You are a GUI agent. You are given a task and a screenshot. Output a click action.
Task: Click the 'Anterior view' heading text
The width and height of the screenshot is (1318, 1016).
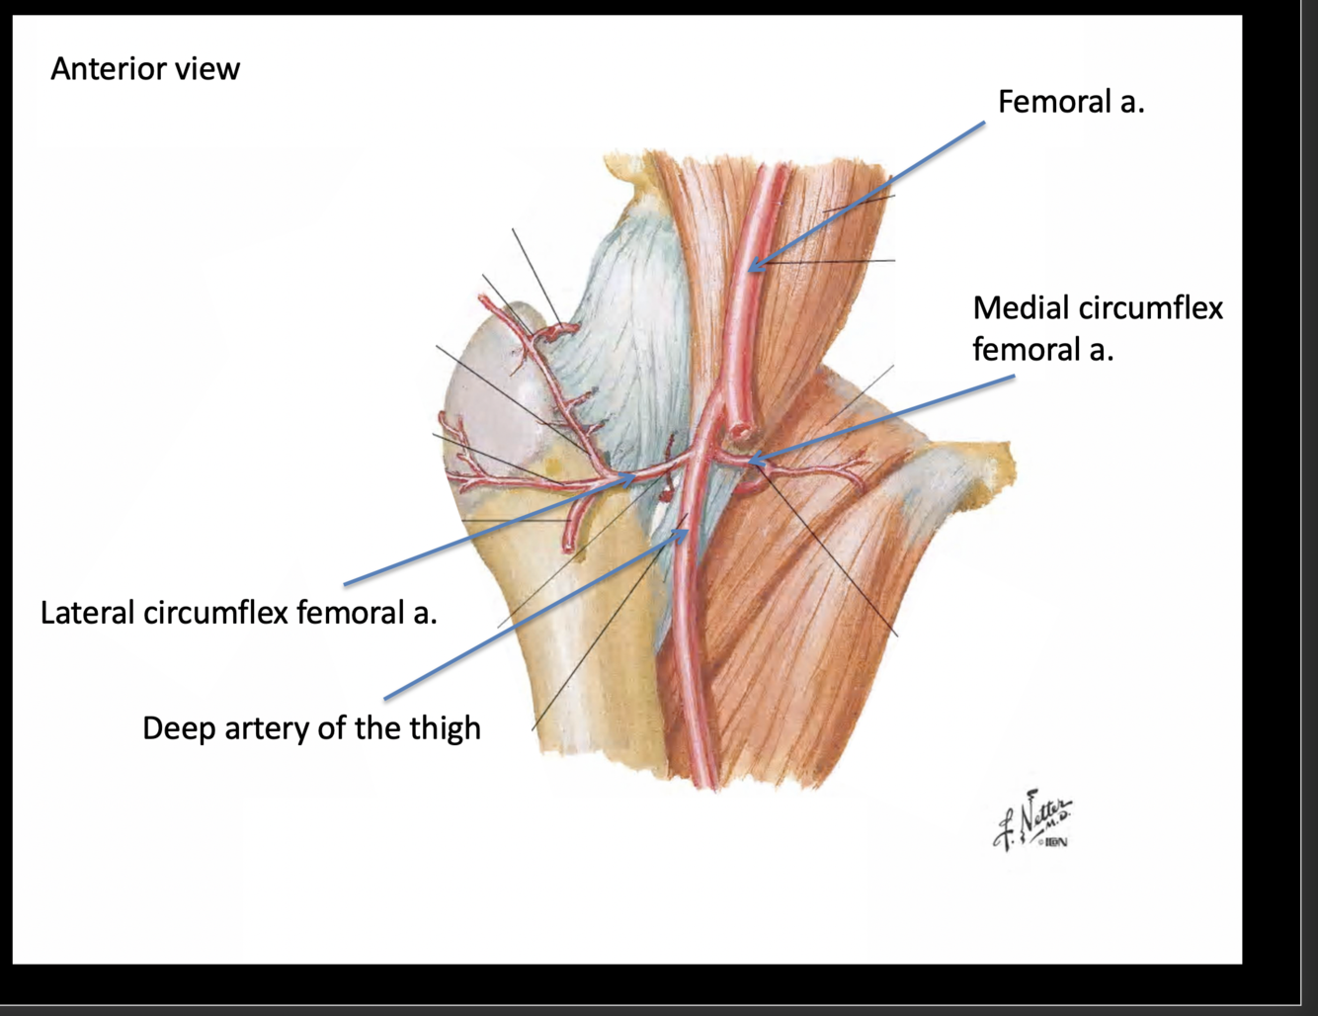click(x=145, y=69)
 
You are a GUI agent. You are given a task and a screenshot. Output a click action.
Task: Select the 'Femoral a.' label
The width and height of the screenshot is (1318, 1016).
click(x=1071, y=102)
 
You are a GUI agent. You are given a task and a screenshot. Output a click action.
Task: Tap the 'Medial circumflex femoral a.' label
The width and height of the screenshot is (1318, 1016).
click(x=1097, y=328)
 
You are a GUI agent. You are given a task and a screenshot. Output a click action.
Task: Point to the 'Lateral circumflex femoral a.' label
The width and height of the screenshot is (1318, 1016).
click(x=238, y=613)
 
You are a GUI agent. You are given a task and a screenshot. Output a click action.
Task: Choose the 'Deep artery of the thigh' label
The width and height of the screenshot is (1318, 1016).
click(x=311, y=728)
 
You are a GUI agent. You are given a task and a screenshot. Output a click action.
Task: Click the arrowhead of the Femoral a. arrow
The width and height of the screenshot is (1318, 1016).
click(x=751, y=267)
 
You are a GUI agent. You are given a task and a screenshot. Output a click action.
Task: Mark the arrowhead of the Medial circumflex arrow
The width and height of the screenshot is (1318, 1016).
click(x=753, y=460)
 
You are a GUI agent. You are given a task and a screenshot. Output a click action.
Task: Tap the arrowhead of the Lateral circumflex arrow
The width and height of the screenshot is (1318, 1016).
click(x=633, y=477)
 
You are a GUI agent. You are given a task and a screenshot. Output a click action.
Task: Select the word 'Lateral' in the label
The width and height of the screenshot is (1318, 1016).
click(x=87, y=613)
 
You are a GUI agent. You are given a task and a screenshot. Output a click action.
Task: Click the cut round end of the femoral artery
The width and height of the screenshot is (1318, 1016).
click(x=741, y=433)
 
